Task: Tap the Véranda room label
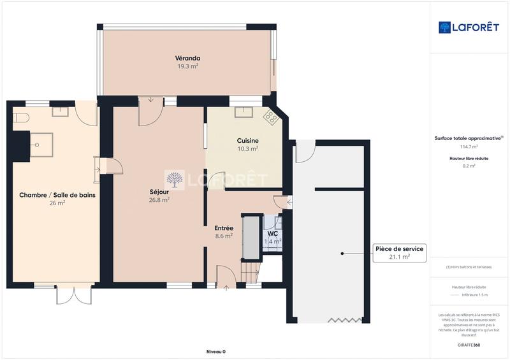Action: click(x=187, y=58)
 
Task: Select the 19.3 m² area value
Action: click(x=187, y=66)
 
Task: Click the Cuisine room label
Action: click(x=247, y=141)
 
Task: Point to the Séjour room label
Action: click(x=159, y=192)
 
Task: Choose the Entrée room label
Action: click(x=224, y=227)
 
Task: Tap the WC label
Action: click(x=273, y=234)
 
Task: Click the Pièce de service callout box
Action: click(x=399, y=253)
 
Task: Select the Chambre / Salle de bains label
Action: click(x=57, y=196)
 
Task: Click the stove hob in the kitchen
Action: click(x=271, y=117)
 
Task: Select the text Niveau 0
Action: click(x=216, y=352)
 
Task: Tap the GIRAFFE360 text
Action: click(x=469, y=344)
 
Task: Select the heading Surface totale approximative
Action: click(x=467, y=138)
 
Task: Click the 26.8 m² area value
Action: click(x=159, y=199)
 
